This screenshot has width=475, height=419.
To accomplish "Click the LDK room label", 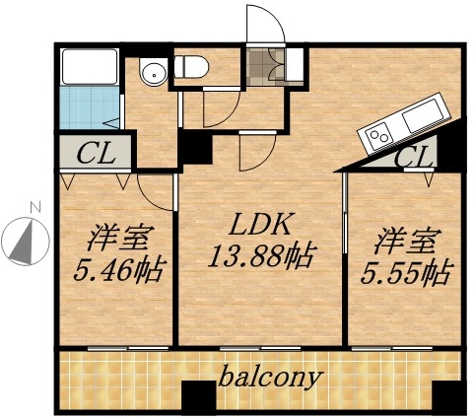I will (x=262, y=225).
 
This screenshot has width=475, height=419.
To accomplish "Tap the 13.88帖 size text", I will (x=260, y=258).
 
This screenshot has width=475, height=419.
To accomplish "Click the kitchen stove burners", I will (x=378, y=135).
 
